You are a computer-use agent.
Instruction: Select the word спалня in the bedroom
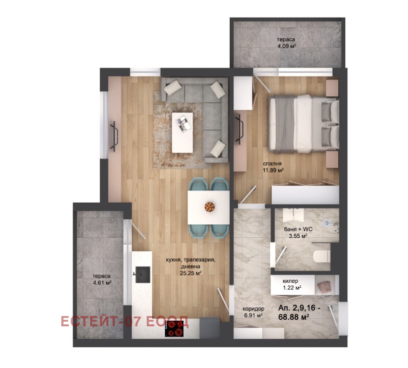click(272, 164)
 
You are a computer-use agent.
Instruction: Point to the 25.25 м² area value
click(191, 273)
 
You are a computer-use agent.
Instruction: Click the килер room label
click(291, 281)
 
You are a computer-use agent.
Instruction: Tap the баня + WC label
click(298, 229)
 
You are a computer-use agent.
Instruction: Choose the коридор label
click(253, 309)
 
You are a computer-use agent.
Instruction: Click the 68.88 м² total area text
click(293, 317)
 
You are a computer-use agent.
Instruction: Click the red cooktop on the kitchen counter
click(174, 329)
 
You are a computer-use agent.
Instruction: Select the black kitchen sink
click(142, 275)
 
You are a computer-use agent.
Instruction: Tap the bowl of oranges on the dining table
click(209, 207)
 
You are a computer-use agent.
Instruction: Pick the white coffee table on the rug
click(182, 133)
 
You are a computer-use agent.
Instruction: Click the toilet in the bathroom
click(322, 257)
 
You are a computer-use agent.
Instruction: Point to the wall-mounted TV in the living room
click(115, 136)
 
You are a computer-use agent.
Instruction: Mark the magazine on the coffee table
click(183, 123)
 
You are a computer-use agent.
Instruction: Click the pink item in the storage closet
click(324, 288)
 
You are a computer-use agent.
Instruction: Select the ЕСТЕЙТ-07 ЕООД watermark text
click(124, 321)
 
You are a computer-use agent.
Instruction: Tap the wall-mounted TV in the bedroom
click(240, 130)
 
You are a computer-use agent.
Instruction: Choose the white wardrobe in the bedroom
click(305, 195)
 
